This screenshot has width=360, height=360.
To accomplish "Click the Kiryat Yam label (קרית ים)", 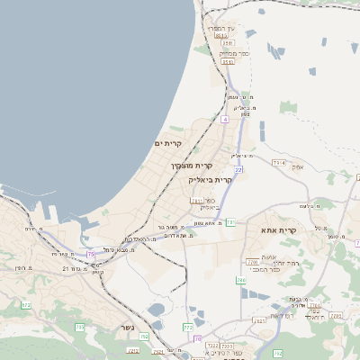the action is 168,144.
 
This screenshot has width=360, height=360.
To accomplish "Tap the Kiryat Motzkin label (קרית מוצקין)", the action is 191,166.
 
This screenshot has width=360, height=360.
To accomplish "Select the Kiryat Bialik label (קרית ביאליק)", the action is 211,180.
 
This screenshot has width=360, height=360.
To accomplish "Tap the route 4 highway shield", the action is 224,119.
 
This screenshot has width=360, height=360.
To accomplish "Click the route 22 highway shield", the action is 238,169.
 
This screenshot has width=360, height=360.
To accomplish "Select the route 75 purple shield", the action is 91,255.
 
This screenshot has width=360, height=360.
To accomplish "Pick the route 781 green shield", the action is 230,221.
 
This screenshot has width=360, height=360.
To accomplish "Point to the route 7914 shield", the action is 278,163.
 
